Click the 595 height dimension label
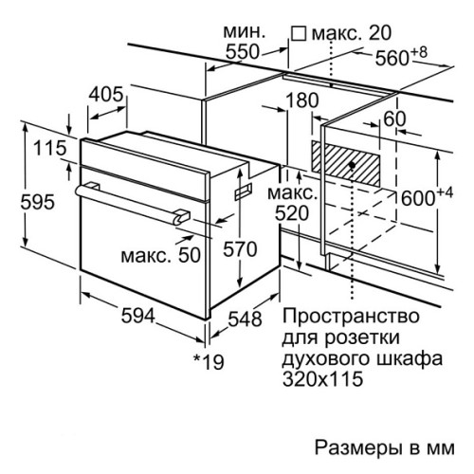[x=38, y=201]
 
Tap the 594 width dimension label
[x=138, y=316]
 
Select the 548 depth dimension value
[x=245, y=319]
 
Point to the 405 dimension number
[x=105, y=94]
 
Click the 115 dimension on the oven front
[x=50, y=148]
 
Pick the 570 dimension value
[x=240, y=249]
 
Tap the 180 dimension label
[x=301, y=100]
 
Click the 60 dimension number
[x=394, y=119]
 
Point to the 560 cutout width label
[x=401, y=56]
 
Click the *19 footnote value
[x=209, y=361]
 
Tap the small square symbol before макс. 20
[x=299, y=33]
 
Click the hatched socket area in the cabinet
[x=345, y=163]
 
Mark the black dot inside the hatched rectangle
[x=353, y=165]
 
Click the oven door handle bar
[x=133, y=201]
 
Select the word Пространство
[x=351, y=316]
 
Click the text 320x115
[x=322, y=378]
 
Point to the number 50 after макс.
[x=190, y=255]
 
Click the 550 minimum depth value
[x=243, y=52]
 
